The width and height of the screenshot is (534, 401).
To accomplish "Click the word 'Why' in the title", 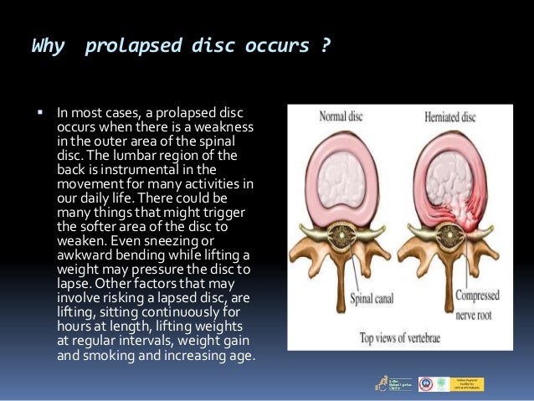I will click(47, 46).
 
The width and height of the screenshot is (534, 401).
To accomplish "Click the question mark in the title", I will click(324, 46).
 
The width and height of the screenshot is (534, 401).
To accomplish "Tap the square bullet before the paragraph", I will click(39, 112).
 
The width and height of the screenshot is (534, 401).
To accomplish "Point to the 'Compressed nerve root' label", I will click(475, 302).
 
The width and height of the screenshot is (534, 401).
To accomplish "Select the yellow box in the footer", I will click(468, 383).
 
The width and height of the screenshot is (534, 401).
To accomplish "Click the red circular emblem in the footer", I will click(425, 383).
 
